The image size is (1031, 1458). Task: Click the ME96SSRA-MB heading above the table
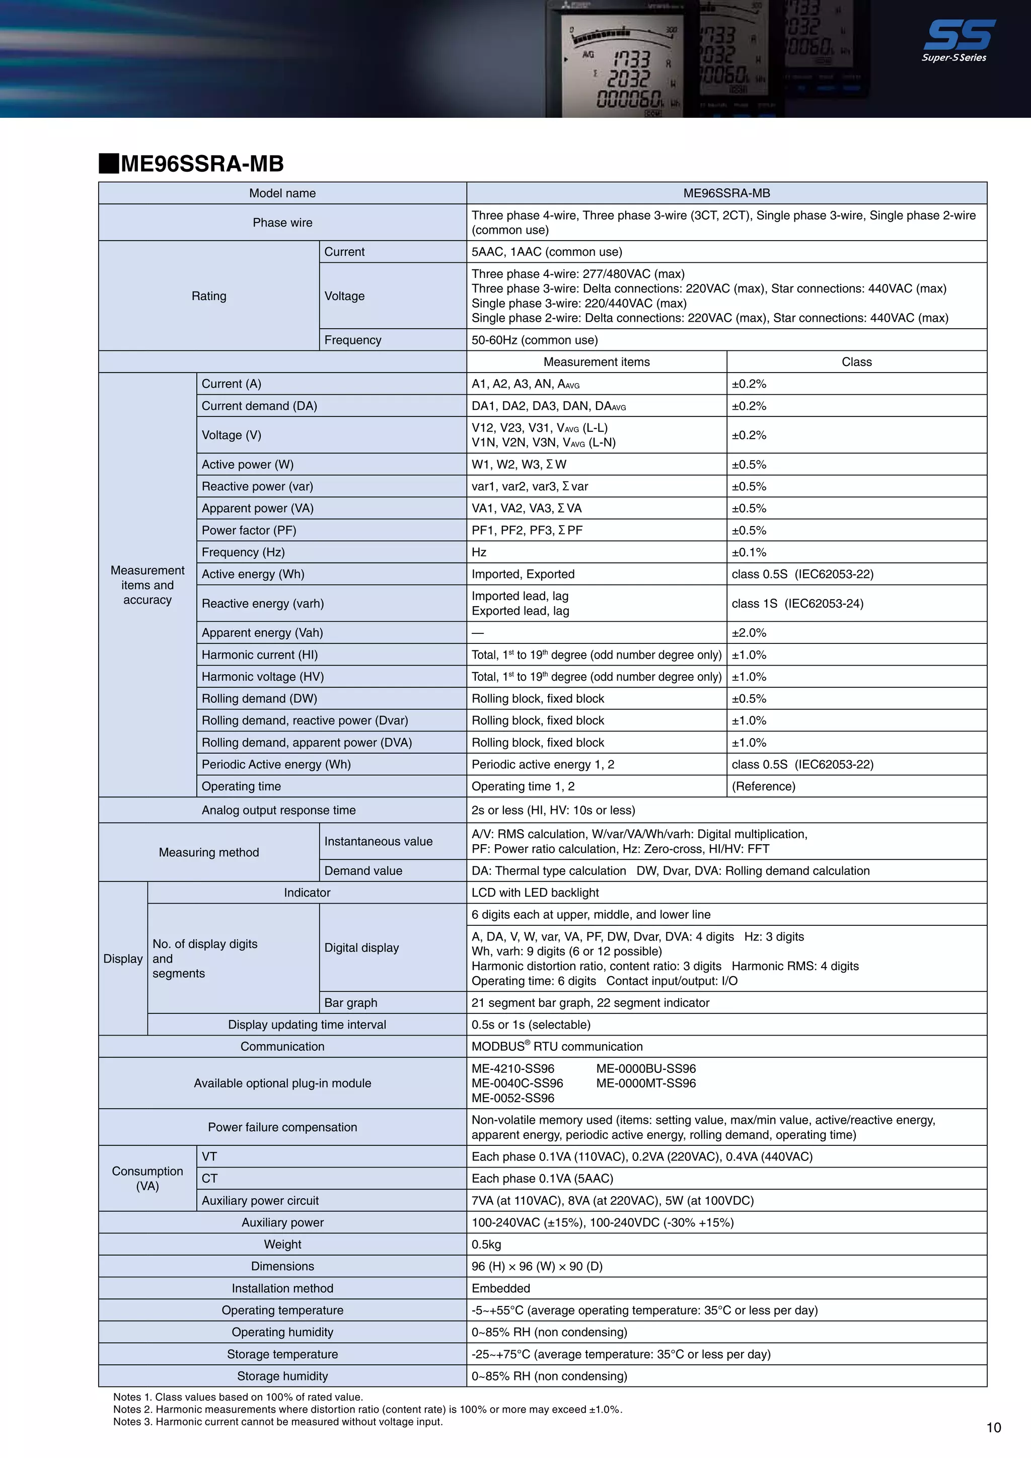click(202, 164)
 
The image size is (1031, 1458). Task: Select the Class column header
click(856, 362)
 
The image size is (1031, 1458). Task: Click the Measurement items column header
click(596, 362)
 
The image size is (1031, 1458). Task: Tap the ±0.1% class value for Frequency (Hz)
click(749, 552)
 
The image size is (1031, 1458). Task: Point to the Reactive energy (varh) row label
click(262, 603)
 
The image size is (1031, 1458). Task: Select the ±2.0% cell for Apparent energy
click(749, 632)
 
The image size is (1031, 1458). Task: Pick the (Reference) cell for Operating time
click(763, 786)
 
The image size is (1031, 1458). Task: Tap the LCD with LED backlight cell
click(535, 893)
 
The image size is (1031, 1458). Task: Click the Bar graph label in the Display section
click(350, 1003)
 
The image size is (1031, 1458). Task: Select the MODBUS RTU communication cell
click(557, 1047)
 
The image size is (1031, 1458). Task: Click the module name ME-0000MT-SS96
click(646, 1083)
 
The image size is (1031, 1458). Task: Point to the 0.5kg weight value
click(486, 1245)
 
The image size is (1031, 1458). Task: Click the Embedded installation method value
click(500, 1288)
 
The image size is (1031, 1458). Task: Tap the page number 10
click(994, 1427)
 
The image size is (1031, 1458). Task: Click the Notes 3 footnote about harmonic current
click(277, 1422)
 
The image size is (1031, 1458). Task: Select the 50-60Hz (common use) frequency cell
click(535, 340)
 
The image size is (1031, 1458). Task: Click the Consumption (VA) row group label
click(148, 1179)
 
